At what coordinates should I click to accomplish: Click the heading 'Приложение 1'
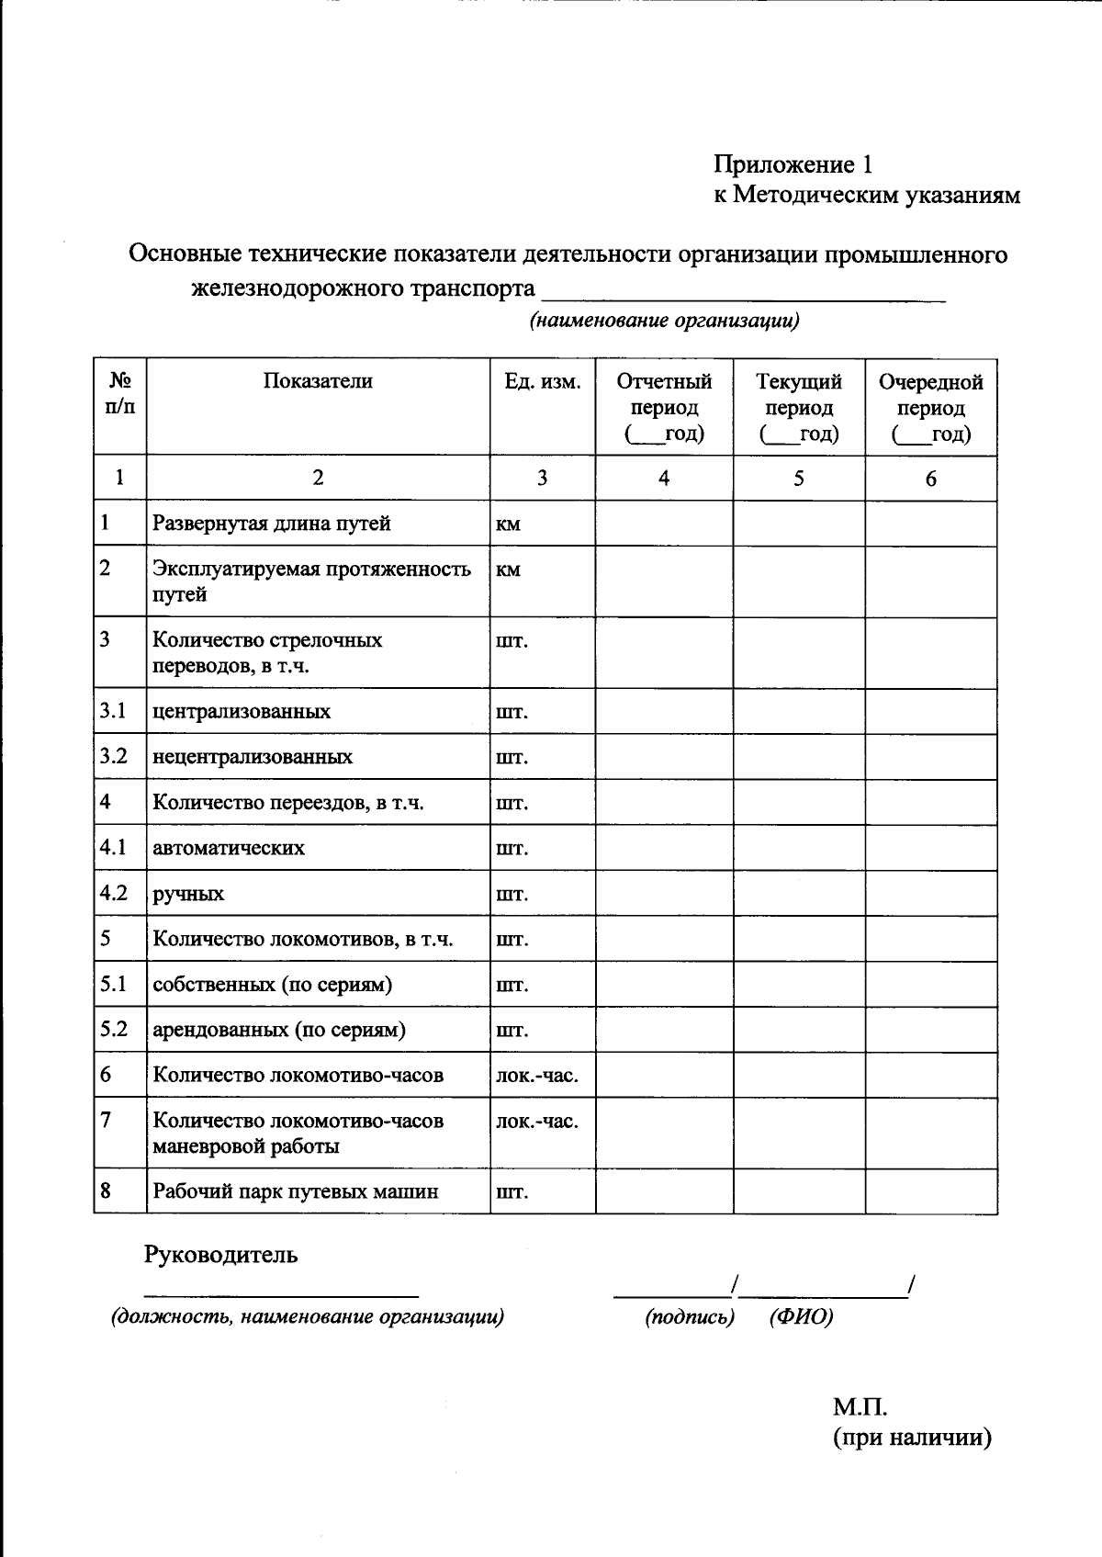[793, 164]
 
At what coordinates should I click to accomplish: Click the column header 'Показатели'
[318, 381]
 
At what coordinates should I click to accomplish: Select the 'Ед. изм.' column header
[542, 381]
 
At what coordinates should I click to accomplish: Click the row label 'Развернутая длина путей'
[272, 524]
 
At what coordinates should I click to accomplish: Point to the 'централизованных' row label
[242, 712]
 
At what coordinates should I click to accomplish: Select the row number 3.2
[113, 757]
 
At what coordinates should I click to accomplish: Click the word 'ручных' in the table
[188, 894]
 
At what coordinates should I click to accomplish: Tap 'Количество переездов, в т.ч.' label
[288, 803]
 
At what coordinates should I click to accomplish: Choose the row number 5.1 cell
[113, 984]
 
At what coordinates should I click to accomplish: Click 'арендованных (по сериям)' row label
[279, 1030]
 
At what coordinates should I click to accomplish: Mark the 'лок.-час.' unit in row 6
[537, 1075]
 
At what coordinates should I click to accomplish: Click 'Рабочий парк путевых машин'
[296, 1191]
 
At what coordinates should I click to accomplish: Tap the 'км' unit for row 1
[508, 524]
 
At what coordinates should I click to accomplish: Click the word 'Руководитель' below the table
[220, 1255]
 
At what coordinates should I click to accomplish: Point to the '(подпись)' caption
[690, 1317]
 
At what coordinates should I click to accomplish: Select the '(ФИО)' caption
[802, 1317]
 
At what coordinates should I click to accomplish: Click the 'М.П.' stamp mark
[860, 1407]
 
